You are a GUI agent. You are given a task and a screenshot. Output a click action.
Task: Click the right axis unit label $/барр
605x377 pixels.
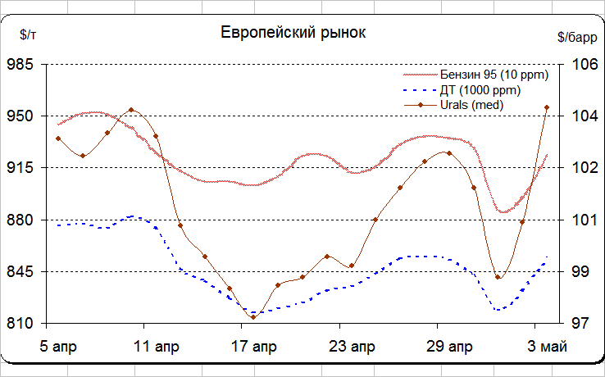point(577,37)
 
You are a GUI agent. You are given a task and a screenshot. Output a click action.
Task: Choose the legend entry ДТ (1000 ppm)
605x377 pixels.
point(480,90)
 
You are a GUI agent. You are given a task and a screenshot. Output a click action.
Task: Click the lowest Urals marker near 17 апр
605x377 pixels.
point(253,316)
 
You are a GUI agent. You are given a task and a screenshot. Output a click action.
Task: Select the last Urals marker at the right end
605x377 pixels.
point(547,107)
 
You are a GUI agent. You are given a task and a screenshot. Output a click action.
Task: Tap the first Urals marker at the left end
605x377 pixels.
point(58,139)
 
